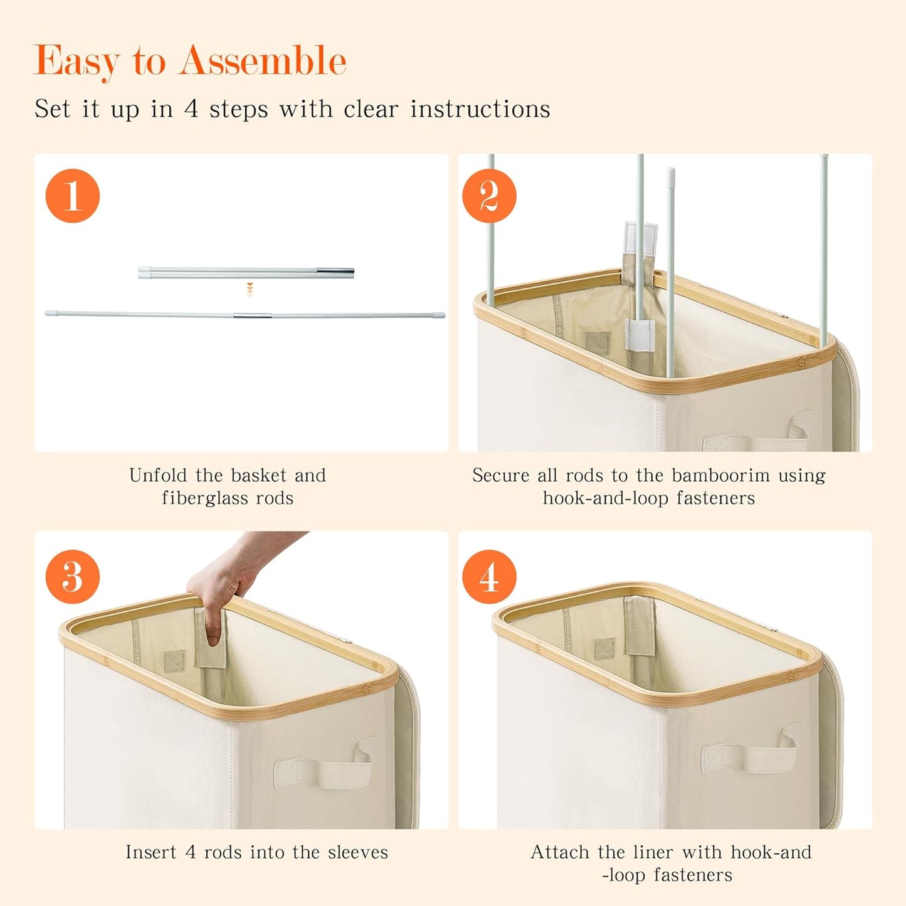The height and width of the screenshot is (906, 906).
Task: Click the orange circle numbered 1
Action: coord(72,196)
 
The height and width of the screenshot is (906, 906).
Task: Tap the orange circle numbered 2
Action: coord(489,196)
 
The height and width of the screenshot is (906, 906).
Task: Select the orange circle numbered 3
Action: coord(72,576)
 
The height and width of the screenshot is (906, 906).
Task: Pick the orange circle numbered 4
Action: coord(489,576)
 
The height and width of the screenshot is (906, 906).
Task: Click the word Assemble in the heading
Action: coord(263,60)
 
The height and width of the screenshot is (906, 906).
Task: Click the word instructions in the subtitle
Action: coord(480,109)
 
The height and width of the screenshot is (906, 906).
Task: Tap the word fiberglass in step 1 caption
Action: coord(205,498)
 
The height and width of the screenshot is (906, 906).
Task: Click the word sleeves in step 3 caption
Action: coord(358,852)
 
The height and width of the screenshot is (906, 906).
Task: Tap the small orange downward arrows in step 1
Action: coord(250,289)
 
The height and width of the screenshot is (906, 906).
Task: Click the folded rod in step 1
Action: coord(246,273)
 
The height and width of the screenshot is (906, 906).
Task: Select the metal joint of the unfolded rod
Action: coord(253,315)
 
